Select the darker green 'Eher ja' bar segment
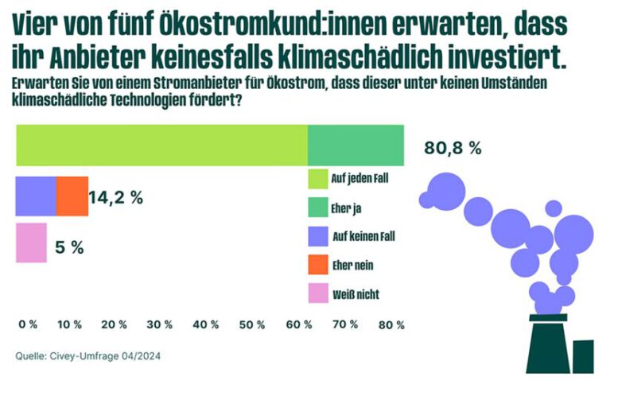[356, 145]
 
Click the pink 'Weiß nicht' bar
[32, 243]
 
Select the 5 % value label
[70, 247]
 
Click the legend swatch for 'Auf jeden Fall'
[317, 177]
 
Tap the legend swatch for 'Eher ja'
[317, 207]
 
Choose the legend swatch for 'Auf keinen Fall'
[317, 236]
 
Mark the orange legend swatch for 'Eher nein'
[317, 265]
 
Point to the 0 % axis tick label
[28, 324]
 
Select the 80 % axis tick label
[393, 324]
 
